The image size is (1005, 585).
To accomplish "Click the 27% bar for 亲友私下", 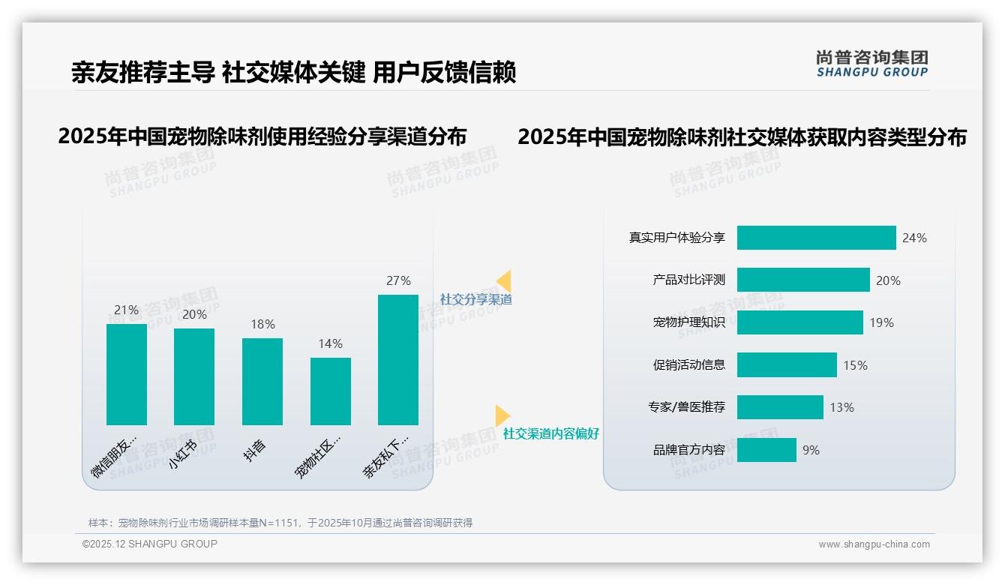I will pos(397,360).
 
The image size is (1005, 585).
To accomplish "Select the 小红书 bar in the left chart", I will pos(194,376).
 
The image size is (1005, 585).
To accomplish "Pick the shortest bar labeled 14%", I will pos(330,391).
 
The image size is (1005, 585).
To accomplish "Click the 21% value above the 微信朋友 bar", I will pos(126,310).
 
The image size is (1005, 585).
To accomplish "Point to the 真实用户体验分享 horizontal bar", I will pos(816,238).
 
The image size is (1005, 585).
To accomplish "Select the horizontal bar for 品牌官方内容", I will pos(766,450).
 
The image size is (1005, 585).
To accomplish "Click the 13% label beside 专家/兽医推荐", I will pos(841,408).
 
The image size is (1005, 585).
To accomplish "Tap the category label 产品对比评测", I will pos(688,280).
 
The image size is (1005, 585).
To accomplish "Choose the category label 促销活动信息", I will pos(688,365).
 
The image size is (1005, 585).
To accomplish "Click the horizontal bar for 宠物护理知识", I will pos(799,322).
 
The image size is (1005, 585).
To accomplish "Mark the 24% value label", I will pos(914,238).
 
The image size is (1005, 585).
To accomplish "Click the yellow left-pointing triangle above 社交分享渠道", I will pos(504,281).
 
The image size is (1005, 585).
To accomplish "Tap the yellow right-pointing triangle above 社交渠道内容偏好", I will pos(502,415).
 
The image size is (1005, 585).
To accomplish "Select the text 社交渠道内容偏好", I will pos(550,433).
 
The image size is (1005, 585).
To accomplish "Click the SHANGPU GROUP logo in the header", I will pos(871,64).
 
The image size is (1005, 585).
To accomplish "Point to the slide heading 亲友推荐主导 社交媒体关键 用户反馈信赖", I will pos(293,72).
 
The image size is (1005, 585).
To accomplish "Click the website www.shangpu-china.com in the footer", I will pos(874,544).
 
